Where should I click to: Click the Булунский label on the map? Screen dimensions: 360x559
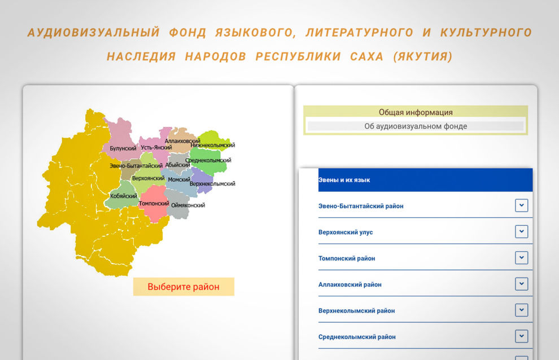pyautogui.click(x=123, y=148)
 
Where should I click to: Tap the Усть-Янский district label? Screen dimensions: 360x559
pyautogui.click(x=156, y=147)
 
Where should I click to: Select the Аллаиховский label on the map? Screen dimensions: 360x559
pyautogui.click(x=182, y=141)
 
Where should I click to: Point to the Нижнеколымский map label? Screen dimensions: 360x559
pyautogui.click(x=213, y=145)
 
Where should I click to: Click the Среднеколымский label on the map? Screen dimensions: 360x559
pyautogui.click(x=208, y=160)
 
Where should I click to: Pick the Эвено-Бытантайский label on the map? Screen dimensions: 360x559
pyautogui.click(x=136, y=166)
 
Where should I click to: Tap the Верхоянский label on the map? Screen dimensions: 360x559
pyautogui.click(x=149, y=178)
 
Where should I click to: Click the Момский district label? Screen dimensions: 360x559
pyautogui.click(x=179, y=179)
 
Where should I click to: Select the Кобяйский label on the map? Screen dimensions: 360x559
pyautogui.click(x=124, y=196)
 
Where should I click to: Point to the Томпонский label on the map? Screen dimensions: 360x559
pyautogui.click(x=154, y=203)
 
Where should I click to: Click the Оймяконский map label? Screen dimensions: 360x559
pyautogui.click(x=187, y=205)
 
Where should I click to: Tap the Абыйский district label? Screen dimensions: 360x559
pyautogui.click(x=178, y=165)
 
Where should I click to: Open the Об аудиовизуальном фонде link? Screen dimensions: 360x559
pyautogui.click(x=416, y=126)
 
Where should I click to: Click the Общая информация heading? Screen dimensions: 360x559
pyautogui.click(x=416, y=112)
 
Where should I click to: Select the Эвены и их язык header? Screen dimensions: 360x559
pyautogui.click(x=344, y=180)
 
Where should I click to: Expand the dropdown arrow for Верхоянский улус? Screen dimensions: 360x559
pyautogui.click(x=521, y=232)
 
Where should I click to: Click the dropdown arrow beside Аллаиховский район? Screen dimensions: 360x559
pyautogui.click(x=521, y=284)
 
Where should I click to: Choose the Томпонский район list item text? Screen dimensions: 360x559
pyautogui.click(x=347, y=258)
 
